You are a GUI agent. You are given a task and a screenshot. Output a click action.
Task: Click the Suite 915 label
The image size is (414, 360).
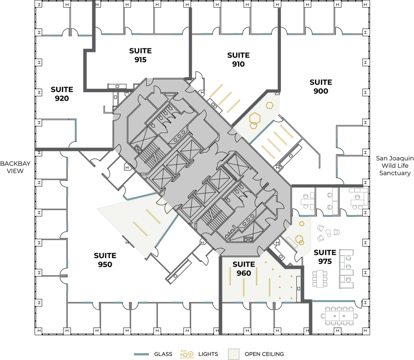(x=140, y=55)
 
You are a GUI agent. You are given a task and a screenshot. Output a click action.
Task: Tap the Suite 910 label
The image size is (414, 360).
(x=238, y=59)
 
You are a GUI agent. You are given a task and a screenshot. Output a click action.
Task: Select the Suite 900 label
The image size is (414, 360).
(x=321, y=87)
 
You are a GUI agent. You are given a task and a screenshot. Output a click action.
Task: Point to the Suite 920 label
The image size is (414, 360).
(x=62, y=94)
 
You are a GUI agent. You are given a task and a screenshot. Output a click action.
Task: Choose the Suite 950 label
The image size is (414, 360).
(x=105, y=260)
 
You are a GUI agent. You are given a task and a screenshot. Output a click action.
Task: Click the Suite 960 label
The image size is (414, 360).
(x=244, y=269)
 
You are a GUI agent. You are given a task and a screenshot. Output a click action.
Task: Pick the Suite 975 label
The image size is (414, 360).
(x=325, y=257)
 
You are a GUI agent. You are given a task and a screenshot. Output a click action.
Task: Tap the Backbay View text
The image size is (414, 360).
(x=15, y=167)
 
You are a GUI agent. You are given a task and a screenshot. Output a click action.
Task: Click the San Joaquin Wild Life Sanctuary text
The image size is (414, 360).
(x=395, y=166)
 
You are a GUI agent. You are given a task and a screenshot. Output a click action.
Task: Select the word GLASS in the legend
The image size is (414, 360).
(x=163, y=354)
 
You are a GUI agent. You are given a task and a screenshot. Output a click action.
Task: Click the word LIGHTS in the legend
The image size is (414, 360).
(x=208, y=354)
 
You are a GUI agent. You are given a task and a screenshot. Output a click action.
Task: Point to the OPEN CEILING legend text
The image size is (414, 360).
(x=264, y=354)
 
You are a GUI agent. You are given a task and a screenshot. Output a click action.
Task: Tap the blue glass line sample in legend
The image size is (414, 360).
(x=141, y=354)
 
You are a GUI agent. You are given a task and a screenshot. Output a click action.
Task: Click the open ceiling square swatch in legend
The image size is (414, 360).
(x=234, y=354)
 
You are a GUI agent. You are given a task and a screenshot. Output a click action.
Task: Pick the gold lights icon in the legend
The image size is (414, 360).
(x=187, y=354)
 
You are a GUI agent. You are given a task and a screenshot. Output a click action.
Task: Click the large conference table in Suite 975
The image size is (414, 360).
(x=339, y=316)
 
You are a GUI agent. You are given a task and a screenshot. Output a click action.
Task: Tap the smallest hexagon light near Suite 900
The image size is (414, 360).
(x=269, y=106)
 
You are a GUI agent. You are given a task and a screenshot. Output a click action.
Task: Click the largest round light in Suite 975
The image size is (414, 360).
(x=299, y=239)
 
